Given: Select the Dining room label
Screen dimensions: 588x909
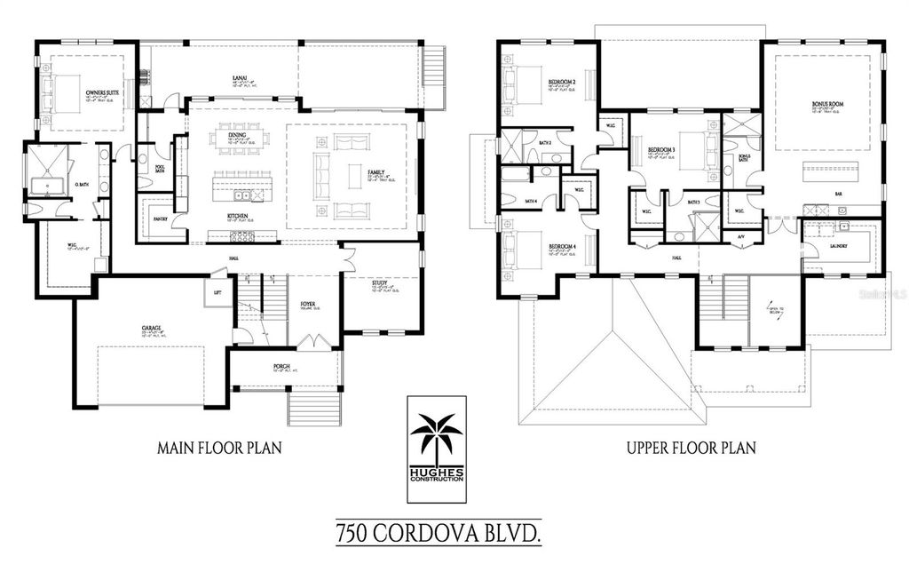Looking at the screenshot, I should tap(237, 135).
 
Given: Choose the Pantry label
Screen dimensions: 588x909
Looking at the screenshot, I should tap(160, 218).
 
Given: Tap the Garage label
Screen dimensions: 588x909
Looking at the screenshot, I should tap(151, 328).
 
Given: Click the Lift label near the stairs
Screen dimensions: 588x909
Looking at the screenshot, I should tap(217, 291).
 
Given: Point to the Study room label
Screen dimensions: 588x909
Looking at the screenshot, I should tap(380, 282).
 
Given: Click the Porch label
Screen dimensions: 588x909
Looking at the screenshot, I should tap(282, 365).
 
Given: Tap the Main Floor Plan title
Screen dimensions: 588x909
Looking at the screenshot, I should tap(219, 448).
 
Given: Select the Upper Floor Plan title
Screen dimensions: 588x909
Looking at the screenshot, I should tap(691, 448).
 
